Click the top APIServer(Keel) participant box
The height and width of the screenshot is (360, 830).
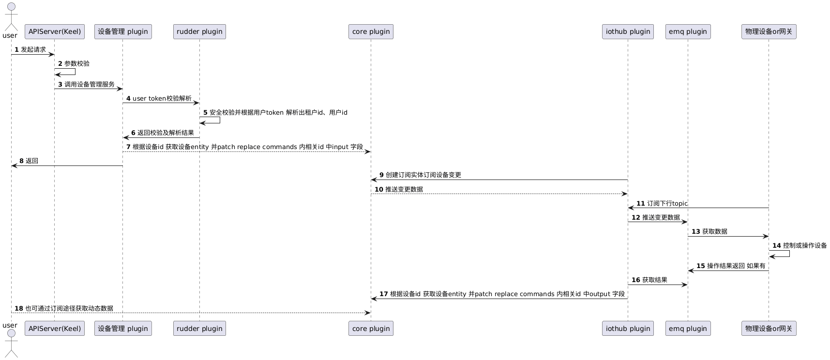[55, 31]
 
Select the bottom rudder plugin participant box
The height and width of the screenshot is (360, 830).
[199, 329]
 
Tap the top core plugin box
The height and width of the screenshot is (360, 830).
[371, 31]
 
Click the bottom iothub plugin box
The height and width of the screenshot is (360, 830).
[628, 329]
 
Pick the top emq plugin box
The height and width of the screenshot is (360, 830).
[688, 31]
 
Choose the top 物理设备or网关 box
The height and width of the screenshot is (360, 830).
[769, 31]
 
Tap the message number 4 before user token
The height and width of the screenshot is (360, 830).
[128, 99]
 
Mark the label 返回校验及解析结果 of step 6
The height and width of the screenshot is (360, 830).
[166, 133]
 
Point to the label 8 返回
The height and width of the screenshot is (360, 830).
[29, 161]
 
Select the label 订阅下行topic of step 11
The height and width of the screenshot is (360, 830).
[667, 204]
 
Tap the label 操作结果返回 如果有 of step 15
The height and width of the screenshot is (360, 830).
[736, 266]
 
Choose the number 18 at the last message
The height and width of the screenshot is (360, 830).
[19, 308]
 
